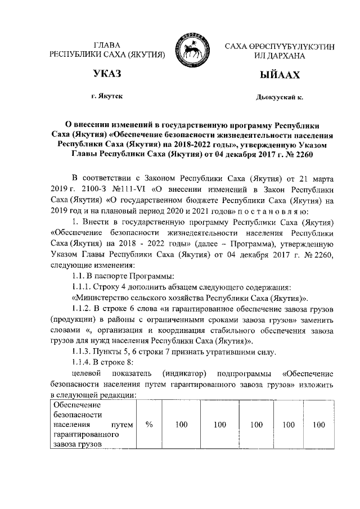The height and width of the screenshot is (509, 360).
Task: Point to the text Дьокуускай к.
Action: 279,97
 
